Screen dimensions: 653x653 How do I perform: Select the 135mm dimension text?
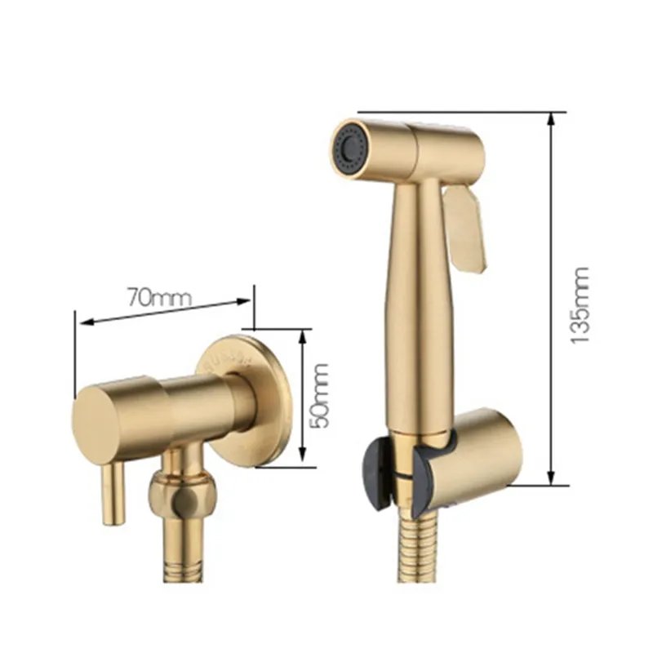pyautogui.click(x=580, y=304)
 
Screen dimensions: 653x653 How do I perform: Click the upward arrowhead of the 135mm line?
pyautogui.click(x=551, y=119)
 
